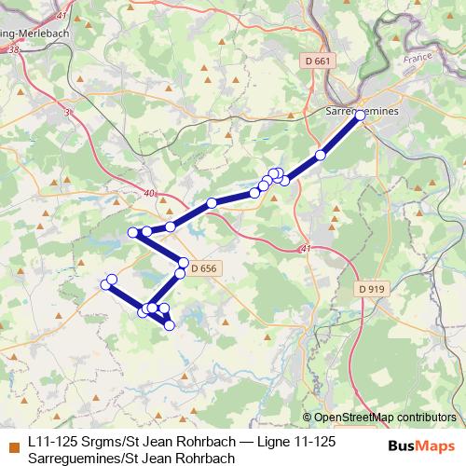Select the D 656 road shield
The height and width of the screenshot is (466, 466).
pyautogui.click(x=203, y=268)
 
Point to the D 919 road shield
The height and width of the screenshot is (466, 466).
pyautogui.click(x=371, y=289)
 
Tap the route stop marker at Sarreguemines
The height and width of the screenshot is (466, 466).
pyautogui.click(x=360, y=115)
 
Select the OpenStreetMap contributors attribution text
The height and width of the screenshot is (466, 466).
pyautogui.click(x=385, y=417)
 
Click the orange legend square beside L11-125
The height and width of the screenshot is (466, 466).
pyautogui.click(x=13, y=445)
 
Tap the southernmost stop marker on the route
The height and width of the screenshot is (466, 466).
pyautogui.click(x=169, y=324)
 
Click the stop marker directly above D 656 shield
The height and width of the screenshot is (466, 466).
pyautogui.click(x=184, y=263)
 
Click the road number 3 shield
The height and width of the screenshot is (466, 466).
pyautogui.click(x=67, y=113)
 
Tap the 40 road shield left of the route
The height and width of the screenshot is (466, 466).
pyautogui.click(x=150, y=194)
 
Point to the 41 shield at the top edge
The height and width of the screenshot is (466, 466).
pyautogui.click(x=62, y=15)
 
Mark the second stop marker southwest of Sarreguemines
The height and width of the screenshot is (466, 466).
pyautogui.click(x=284, y=180)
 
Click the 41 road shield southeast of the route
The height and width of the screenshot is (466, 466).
pyautogui.click(x=306, y=249)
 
